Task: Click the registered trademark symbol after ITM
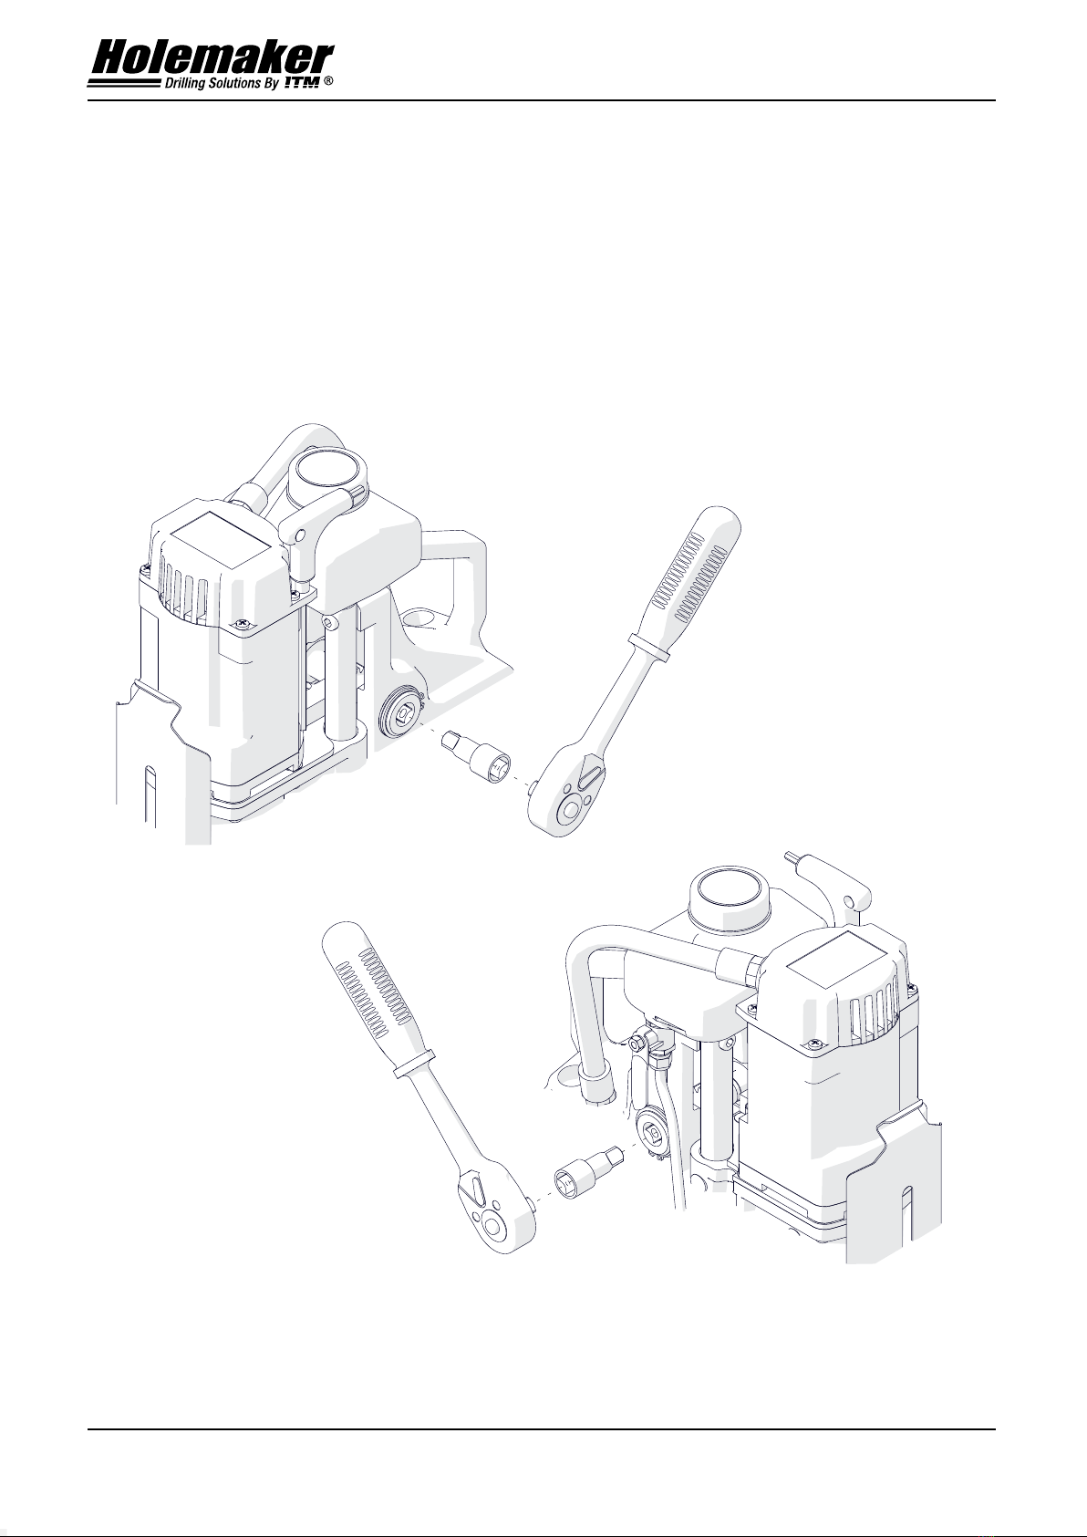coord(328,82)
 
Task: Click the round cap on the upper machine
coord(327,473)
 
